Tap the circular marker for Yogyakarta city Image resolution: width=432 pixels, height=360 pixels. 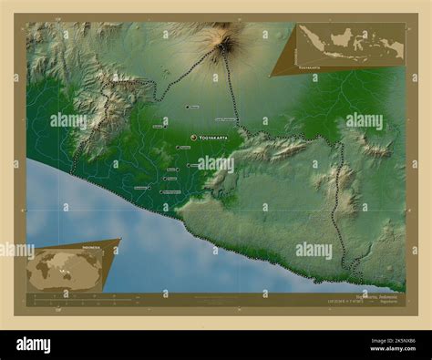pyautogui.click(x=193, y=138)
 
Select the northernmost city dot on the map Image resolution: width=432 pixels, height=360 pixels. pyautogui.click(x=187, y=107)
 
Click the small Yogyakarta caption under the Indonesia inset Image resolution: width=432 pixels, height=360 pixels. pyautogui.click(x=309, y=67)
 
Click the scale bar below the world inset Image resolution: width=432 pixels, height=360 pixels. pyautogui.click(x=73, y=296)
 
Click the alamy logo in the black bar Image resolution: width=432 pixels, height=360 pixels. pyautogui.click(x=34, y=345)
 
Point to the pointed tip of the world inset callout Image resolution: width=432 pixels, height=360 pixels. pyautogui.click(x=119, y=240)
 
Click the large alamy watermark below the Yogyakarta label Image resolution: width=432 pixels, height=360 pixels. pyautogui.click(x=215, y=165)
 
